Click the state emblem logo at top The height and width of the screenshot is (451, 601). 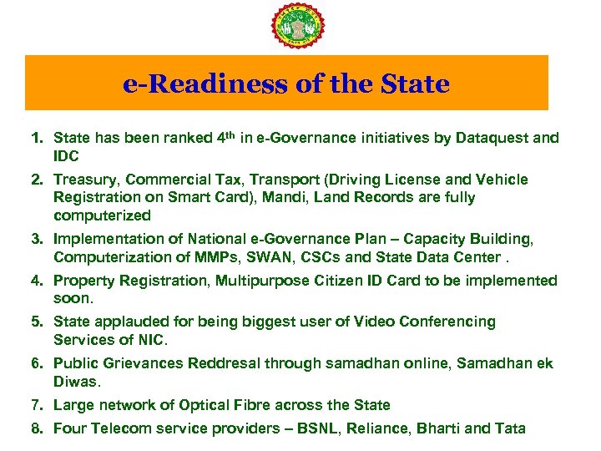[300, 26]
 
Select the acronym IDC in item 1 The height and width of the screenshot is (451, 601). [66, 156]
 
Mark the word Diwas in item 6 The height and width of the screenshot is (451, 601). [76, 382]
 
